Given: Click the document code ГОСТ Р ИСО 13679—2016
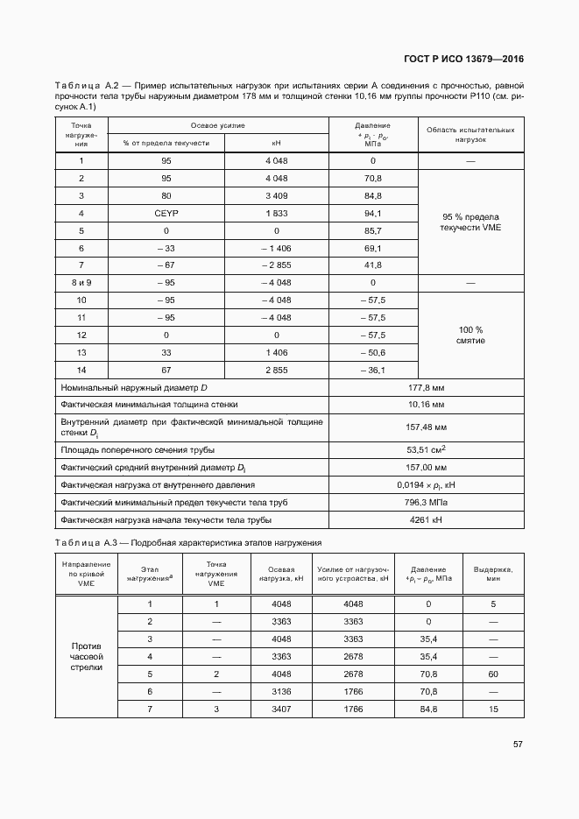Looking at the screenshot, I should click(x=463, y=60).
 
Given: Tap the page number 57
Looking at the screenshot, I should click(x=518, y=745).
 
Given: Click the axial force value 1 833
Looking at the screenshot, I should click(x=276, y=213).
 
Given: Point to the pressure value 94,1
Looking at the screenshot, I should click(x=372, y=213).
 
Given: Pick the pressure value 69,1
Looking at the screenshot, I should click(x=372, y=248).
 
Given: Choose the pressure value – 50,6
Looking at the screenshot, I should click(x=372, y=352).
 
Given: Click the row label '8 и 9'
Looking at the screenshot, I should click(x=81, y=283).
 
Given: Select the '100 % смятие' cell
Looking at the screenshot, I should click(x=471, y=335).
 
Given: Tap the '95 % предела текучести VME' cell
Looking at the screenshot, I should click(x=471, y=222).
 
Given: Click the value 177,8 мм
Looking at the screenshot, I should click(x=427, y=387).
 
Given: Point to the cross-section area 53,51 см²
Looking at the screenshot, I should click(x=427, y=449).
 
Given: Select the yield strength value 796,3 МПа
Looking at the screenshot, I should click(x=427, y=503).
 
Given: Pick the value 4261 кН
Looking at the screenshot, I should click(x=427, y=520).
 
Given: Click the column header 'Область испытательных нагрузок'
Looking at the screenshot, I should click(x=471, y=134).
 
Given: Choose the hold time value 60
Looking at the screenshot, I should click(x=493, y=674).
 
